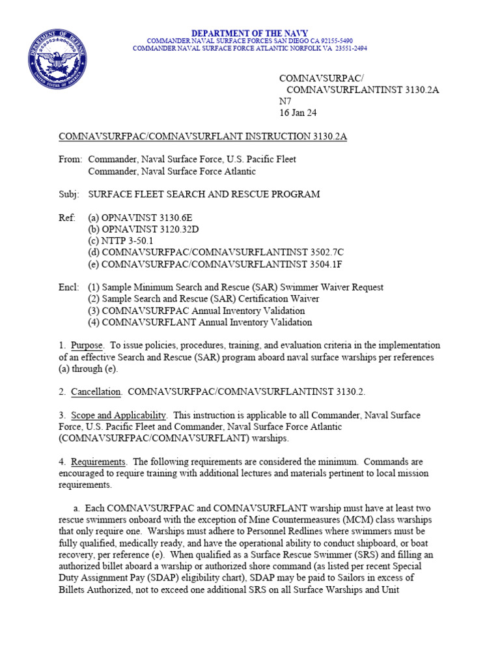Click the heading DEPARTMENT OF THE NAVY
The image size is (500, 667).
click(x=250, y=33)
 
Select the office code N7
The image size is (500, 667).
click(x=285, y=102)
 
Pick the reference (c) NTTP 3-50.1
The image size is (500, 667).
click(x=121, y=241)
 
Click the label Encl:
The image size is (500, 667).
click(x=70, y=287)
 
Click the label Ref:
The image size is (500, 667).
click(x=68, y=218)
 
